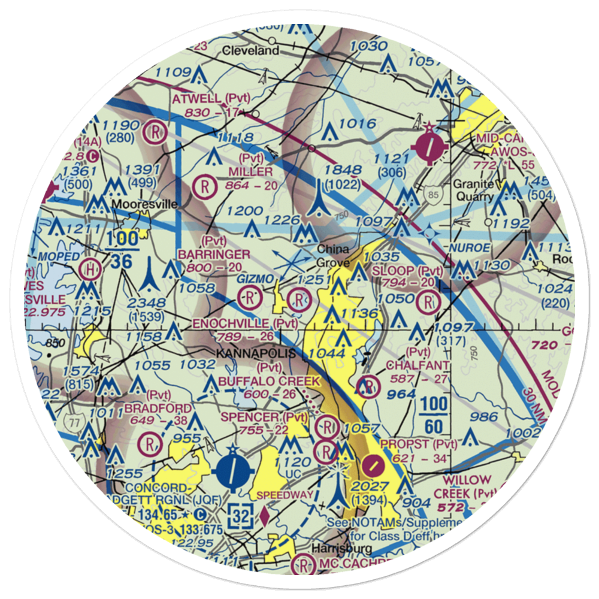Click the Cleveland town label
pyautogui.click(x=250, y=51)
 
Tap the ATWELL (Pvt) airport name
pyautogui.click(x=205, y=98)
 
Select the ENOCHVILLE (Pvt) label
pyautogui.click(x=244, y=323)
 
